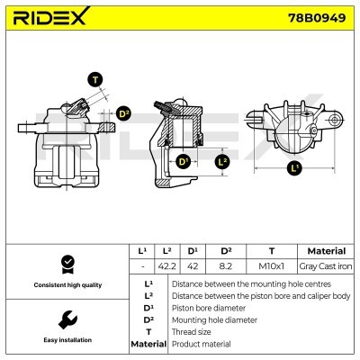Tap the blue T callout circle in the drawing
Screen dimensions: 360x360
pos(95,79)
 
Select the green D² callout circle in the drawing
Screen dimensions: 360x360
pos(123,113)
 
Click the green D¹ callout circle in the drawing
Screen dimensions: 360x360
pos(184,162)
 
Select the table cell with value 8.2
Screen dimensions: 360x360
pos(225,266)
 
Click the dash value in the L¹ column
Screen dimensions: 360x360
pos(141,266)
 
